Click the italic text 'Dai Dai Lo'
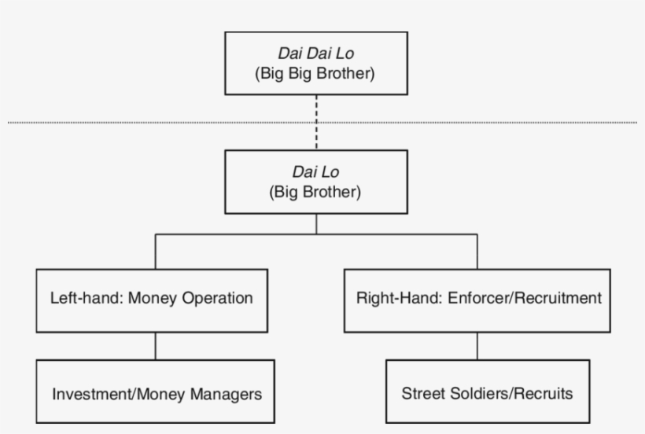pyautogui.click(x=316, y=53)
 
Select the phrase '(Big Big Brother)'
pyautogui.click(x=316, y=75)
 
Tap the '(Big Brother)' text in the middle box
pyautogui.click(x=316, y=193)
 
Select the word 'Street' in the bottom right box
pyautogui.click(x=421, y=392)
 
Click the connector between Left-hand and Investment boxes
pyautogui.click(x=155, y=345)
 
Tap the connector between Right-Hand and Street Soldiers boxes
pyautogui.click(x=477, y=345)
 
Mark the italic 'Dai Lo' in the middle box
pyautogui.click(x=316, y=172)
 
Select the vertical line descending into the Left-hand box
pyautogui.click(x=155, y=252)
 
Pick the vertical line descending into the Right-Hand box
pyautogui.click(x=477, y=252)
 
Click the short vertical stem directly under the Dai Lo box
pyautogui.click(x=316, y=223)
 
